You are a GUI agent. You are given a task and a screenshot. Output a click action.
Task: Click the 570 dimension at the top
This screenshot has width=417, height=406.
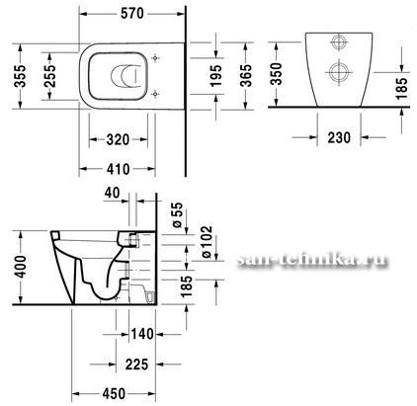pos(132,14)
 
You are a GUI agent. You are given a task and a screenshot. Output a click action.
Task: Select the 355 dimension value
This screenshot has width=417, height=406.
pos(20,76)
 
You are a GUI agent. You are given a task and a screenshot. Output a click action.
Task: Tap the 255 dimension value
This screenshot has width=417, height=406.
pos(50,76)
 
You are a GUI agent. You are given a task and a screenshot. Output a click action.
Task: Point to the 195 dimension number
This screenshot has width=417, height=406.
pos(216,76)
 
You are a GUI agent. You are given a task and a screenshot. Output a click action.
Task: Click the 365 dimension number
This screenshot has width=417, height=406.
pos(246,75)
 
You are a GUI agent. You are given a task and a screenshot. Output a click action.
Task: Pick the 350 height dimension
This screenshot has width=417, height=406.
pos(277,74)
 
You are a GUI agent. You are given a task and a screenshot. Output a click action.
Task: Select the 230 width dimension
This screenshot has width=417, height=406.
pos(339,137)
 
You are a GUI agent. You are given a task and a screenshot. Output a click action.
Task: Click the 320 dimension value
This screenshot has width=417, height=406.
pos(118,139)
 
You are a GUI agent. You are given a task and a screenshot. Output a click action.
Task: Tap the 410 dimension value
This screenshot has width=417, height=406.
pos(118,169)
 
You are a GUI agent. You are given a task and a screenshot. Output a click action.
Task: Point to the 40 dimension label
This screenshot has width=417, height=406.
pos(113,193)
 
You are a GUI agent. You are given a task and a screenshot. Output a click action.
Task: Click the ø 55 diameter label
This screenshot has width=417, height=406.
pos(177,215)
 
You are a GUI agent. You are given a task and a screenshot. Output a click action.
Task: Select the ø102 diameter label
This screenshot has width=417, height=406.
pos(207,242)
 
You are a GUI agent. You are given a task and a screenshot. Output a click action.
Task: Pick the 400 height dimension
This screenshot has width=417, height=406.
pos(21,267)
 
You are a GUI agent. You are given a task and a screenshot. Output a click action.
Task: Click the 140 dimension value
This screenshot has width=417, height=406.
pos(142,334)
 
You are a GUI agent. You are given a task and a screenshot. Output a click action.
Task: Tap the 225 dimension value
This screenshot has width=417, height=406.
pos(136,365)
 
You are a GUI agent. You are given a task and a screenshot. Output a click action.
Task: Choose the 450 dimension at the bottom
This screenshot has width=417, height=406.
pos(114,394)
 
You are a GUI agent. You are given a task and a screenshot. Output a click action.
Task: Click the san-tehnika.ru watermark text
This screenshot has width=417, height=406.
pos(312,260)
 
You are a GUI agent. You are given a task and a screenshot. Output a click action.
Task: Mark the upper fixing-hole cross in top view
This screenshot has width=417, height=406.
pos(155,58)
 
